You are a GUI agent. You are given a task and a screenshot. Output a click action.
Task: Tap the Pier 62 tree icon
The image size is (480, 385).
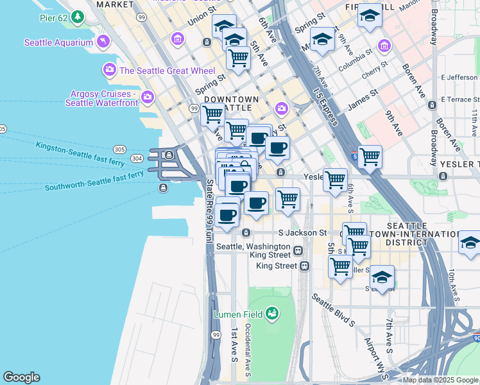[77, 16]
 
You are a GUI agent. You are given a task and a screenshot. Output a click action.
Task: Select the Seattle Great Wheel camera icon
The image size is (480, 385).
[109, 69]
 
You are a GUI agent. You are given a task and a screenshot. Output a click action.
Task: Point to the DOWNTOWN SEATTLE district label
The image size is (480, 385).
[231, 104]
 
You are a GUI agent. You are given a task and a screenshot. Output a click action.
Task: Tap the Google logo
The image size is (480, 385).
[21, 377]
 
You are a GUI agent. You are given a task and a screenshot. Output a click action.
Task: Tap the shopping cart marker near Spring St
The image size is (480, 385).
[238, 58]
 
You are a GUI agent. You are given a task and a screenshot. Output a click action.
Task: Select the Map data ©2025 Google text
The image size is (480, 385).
[441, 380]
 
